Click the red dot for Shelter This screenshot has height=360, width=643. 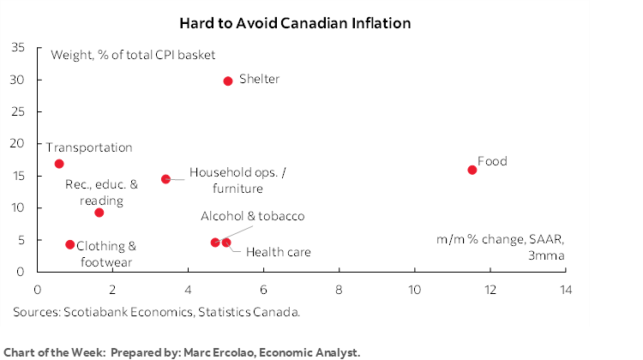pos(228,81)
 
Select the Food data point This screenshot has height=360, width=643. pos(472,170)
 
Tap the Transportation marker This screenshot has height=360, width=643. pos(59,164)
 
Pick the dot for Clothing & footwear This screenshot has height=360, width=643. pos(70,244)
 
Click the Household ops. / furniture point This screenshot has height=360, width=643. pos(165,179)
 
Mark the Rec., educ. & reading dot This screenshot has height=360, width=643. pos(99,213)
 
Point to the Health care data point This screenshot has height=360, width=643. pos(226,243)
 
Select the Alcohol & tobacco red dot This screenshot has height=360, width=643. pos(215,243)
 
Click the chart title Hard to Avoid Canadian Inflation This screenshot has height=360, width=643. pos(295,22)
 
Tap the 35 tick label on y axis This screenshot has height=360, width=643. pos(18,48)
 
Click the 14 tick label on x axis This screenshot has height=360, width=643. pos(565,290)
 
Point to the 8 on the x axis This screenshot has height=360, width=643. pos(339,290)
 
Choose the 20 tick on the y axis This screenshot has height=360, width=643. pos(18,144)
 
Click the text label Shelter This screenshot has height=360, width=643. pos(260,80)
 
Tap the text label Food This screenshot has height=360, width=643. pos(492,161)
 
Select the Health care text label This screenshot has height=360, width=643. pos(278,252)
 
